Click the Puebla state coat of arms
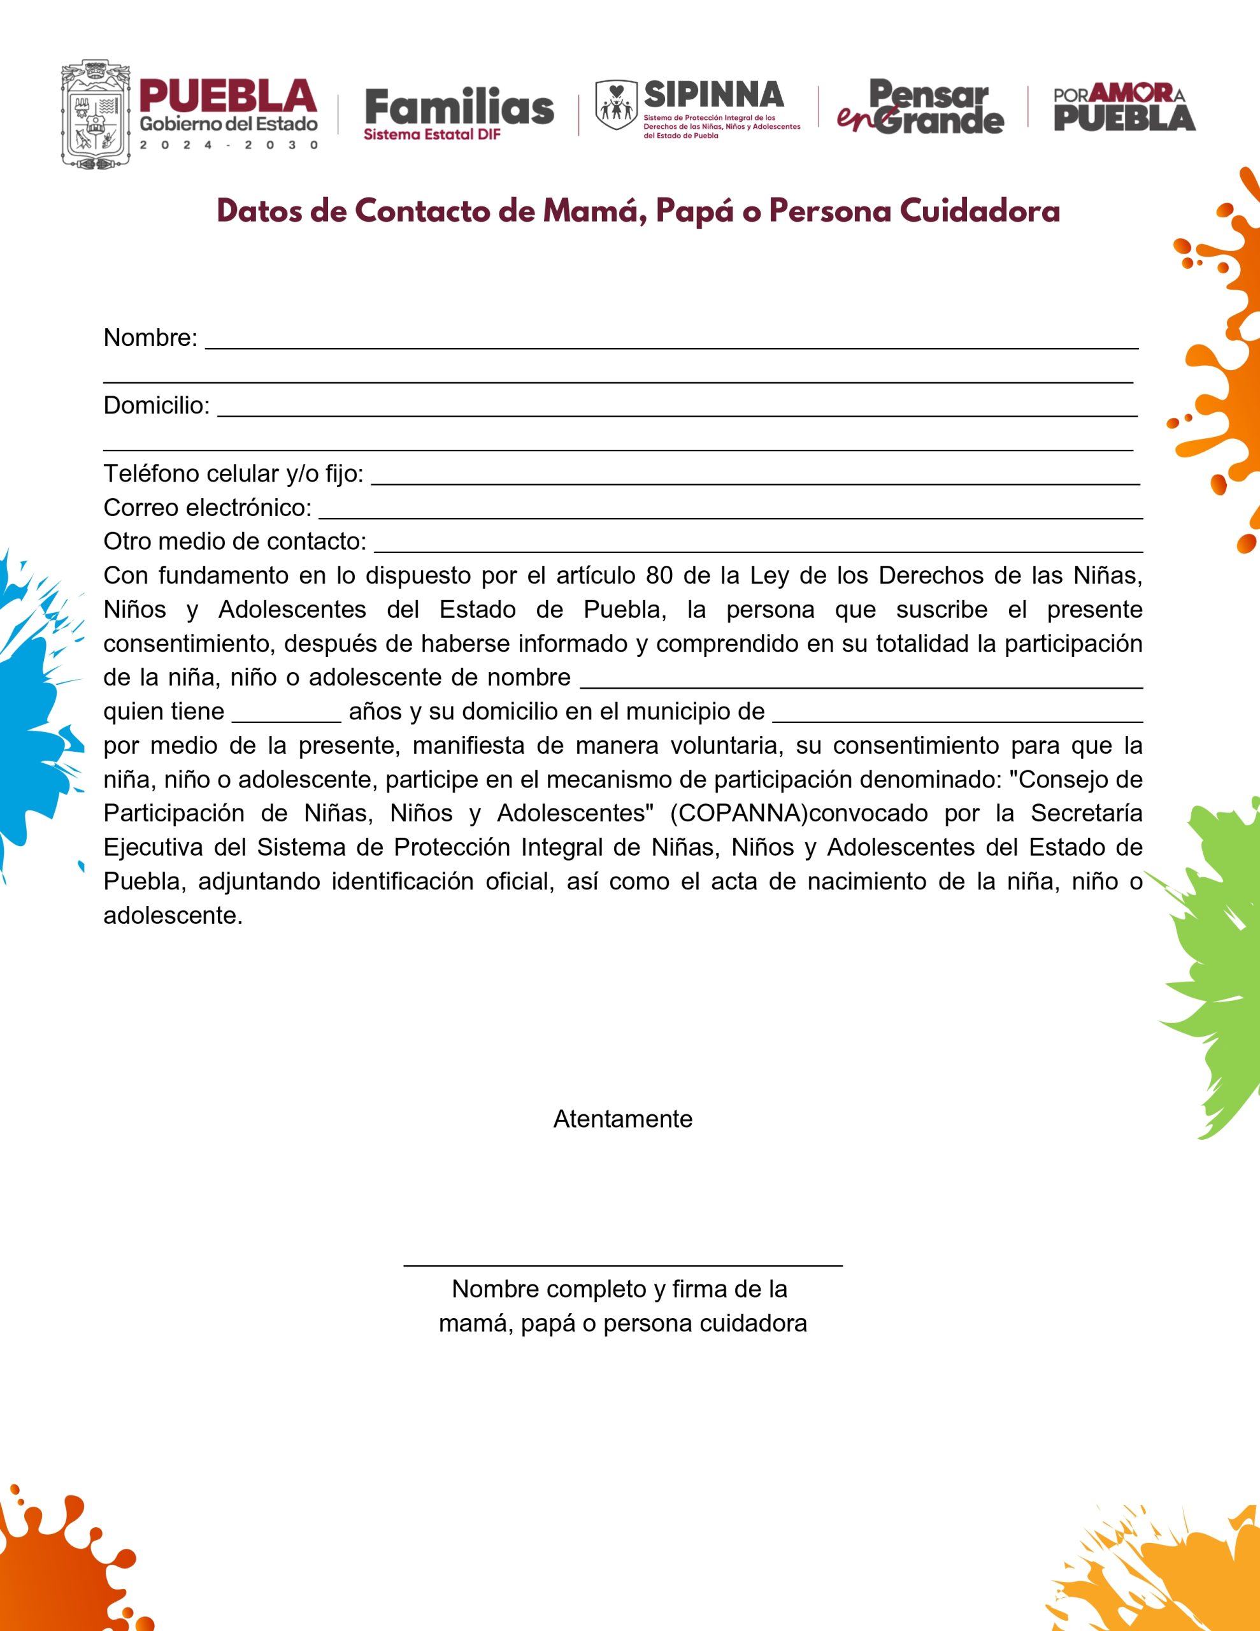click(x=96, y=114)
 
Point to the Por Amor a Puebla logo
click(x=1124, y=109)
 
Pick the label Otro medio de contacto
click(x=234, y=542)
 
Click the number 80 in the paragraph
click(x=659, y=576)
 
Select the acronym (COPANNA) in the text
click(x=739, y=813)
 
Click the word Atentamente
click(x=622, y=1119)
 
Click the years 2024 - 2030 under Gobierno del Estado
click(x=229, y=145)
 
